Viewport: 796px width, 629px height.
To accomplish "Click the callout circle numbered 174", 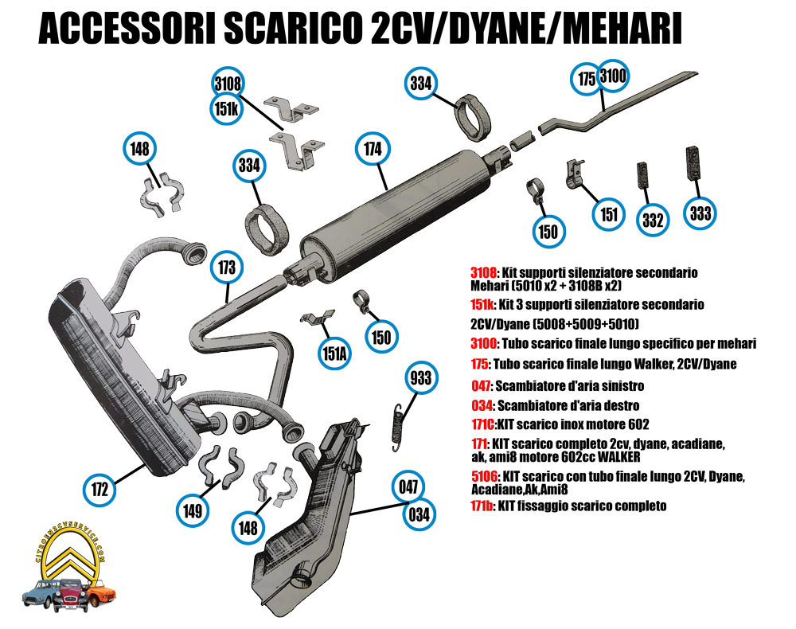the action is (373, 148).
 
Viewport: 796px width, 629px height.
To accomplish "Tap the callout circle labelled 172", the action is (100, 490).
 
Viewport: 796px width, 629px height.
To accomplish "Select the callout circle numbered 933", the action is (421, 377).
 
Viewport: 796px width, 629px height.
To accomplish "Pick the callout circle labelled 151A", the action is (334, 353).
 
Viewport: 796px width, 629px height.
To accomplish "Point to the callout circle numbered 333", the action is (700, 213).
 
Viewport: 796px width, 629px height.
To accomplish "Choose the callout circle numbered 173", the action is (227, 267).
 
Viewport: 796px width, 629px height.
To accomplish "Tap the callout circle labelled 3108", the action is (228, 84).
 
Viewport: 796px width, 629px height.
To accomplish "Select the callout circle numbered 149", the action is (193, 510).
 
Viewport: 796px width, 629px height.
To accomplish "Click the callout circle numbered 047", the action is (408, 486).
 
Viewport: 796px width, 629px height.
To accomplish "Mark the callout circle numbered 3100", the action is (613, 76).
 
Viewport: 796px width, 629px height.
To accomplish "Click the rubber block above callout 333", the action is (693, 163).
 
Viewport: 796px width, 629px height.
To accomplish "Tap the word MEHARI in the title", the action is (622, 29).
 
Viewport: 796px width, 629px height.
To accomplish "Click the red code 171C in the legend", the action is (483, 424).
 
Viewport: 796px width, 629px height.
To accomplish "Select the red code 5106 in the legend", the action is (484, 477).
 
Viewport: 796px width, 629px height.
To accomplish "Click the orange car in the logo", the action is (102, 593).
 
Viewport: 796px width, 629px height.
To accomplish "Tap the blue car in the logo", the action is (38, 594).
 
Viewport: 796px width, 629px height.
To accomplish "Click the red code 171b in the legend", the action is (482, 506).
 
